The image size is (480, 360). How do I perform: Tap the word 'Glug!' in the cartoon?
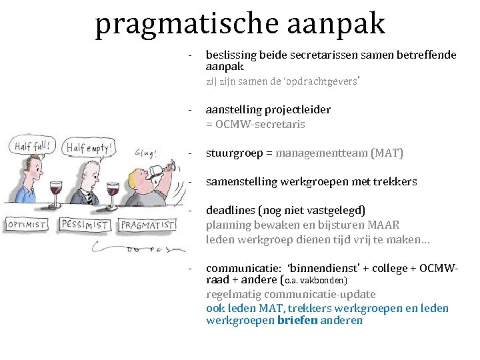click(145, 152)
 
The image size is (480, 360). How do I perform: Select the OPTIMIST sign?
click(27, 225)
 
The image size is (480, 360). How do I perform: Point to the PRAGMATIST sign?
click(147, 225)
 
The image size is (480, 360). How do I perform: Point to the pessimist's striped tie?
click(87, 196)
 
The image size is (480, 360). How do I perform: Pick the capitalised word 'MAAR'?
click(384, 225)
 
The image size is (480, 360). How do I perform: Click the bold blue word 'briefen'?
click(297, 320)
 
